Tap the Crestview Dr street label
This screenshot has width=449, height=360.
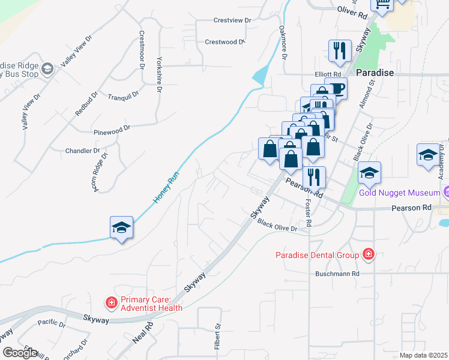pos(232,20)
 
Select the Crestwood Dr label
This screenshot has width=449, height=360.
pos(225,42)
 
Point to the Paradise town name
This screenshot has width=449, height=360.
pos(375,73)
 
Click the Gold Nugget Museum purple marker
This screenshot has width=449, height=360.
pos(446,193)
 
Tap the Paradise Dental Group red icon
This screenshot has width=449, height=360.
pos(368,255)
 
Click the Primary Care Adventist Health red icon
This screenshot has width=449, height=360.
pos(111,303)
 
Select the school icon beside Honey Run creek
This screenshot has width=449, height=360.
pos(121,229)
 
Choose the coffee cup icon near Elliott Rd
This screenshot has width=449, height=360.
pos(336,89)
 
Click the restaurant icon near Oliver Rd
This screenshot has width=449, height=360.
pos(340,51)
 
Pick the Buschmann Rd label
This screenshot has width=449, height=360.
pos(337,274)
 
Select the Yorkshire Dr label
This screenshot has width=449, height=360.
pos(159,74)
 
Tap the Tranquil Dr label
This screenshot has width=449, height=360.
pos(123,95)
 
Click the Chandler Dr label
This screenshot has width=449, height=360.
pos(82,151)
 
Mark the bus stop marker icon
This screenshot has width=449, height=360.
pos(47,69)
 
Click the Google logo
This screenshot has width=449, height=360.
pos(19,353)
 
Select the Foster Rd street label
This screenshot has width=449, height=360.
pos(309,214)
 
